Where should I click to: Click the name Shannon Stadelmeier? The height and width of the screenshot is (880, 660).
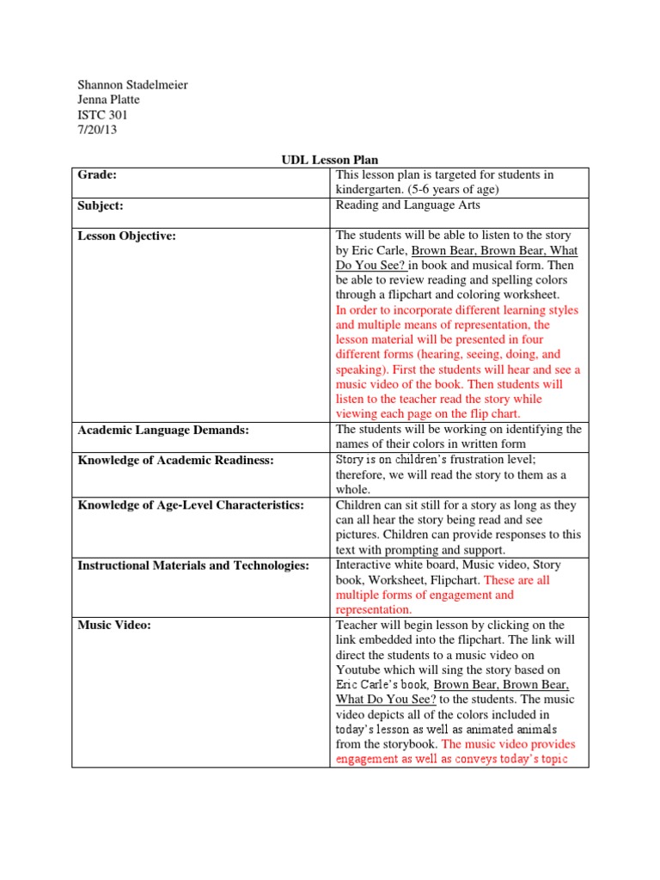132,85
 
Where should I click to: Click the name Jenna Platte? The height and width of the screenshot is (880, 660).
108,100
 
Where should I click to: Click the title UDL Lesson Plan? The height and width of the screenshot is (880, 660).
330,160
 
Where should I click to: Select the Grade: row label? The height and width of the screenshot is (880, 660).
97,175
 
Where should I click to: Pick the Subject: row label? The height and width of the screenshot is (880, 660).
101,205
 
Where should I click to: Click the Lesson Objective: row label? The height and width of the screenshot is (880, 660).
127,235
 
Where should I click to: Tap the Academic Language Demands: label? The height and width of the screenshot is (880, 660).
163,430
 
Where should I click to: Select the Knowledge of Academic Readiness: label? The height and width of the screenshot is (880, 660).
176,460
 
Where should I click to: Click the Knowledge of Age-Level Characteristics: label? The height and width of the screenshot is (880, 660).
191,504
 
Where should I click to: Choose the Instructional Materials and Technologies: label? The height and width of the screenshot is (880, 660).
193,565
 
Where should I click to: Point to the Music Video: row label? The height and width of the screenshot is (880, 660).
114,625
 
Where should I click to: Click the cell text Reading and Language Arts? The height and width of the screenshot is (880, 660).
408,205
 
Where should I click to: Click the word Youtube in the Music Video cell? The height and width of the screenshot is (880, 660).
360,669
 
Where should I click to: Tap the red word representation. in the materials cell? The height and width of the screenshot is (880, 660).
376,609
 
